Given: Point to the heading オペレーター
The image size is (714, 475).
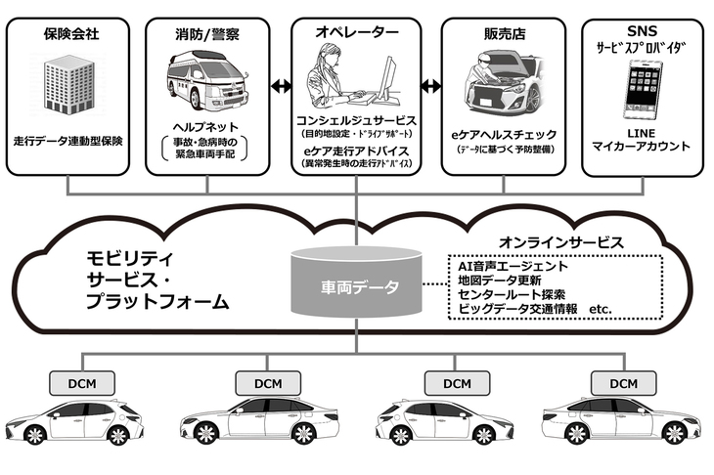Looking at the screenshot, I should [358, 33].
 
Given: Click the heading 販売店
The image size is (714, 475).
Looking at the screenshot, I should [504, 33].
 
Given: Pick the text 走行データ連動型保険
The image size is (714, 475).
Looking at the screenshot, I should [69, 141].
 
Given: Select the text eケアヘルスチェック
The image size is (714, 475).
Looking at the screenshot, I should [504, 134].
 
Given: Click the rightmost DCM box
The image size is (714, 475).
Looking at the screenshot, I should [622, 382].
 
